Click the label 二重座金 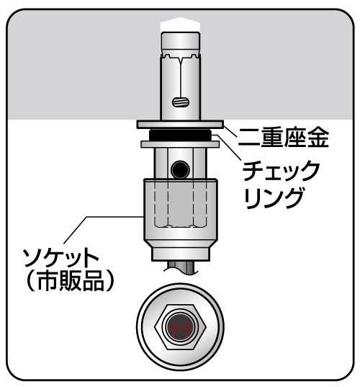283,138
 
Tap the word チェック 282,171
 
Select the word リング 273,197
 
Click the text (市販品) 70,281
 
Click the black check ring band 180,135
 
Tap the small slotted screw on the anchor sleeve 180,102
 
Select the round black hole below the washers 180,170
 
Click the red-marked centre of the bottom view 180,327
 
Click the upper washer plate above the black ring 180,125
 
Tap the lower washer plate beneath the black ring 180,144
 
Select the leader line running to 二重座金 230,132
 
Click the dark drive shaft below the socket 181,267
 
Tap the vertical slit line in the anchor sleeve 181,76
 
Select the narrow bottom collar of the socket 181,254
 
